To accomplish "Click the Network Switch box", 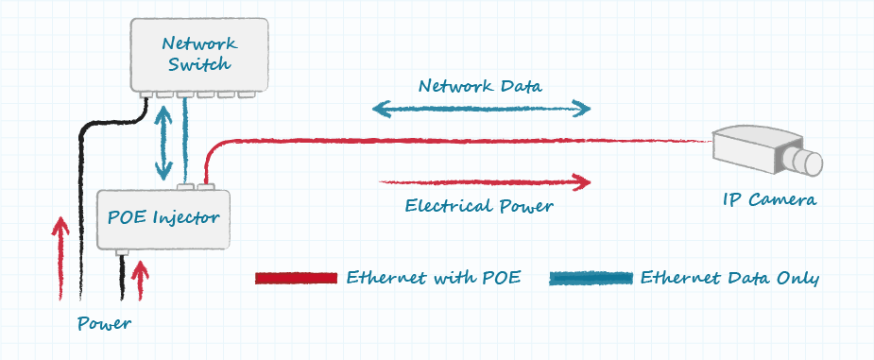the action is tap(199, 55).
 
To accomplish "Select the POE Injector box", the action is tap(163, 219).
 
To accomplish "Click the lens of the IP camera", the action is tap(806, 162).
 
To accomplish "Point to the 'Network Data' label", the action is tap(480, 86).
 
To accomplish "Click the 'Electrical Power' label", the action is tap(479, 206).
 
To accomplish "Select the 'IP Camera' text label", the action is tap(769, 199).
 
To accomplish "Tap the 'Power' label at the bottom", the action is tap(104, 323).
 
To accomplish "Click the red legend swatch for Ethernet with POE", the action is tap(296, 278).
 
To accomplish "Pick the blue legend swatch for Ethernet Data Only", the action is tap(591, 278).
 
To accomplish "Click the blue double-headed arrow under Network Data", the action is tap(482, 109).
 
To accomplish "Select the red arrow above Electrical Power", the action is tap(485, 181).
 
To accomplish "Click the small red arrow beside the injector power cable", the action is tap(140, 281).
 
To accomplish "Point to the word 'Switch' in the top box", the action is tap(199, 64).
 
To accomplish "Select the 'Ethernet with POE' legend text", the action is tap(434, 278).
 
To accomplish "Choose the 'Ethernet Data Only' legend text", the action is tap(729, 278).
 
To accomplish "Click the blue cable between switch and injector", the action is tap(185, 139).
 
